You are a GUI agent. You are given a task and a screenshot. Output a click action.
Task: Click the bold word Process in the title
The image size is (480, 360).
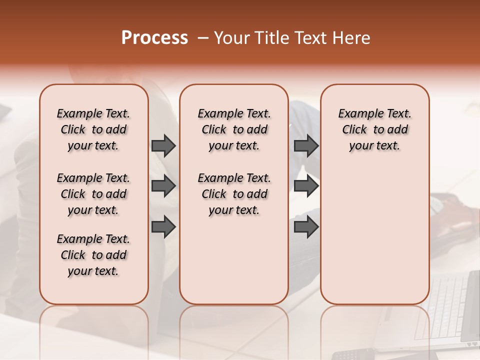(x=154, y=38)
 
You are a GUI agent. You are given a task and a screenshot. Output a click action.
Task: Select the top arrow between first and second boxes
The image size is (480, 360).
(x=163, y=146)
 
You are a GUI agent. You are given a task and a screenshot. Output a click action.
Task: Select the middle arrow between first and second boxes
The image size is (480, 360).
(x=163, y=186)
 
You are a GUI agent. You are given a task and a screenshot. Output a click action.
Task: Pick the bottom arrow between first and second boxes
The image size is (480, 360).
(x=163, y=227)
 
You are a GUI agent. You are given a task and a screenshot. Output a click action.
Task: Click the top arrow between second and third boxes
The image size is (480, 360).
(x=306, y=146)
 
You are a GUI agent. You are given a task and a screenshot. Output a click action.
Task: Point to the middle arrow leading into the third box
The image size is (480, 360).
(x=306, y=186)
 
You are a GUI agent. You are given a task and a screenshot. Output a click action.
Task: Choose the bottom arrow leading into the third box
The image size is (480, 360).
(x=306, y=227)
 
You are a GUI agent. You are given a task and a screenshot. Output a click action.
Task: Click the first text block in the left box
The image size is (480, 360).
(x=93, y=129)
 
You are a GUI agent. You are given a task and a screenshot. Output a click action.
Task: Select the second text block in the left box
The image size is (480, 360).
(x=93, y=194)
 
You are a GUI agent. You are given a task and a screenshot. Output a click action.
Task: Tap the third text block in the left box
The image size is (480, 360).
(x=93, y=255)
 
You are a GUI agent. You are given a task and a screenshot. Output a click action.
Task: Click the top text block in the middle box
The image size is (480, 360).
(x=234, y=129)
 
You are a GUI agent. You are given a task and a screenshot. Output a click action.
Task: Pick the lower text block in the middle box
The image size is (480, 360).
(x=234, y=194)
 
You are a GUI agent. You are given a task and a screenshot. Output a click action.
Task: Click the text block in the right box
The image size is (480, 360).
(x=374, y=129)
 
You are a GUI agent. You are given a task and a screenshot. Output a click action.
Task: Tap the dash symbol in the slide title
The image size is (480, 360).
(x=203, y=38)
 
